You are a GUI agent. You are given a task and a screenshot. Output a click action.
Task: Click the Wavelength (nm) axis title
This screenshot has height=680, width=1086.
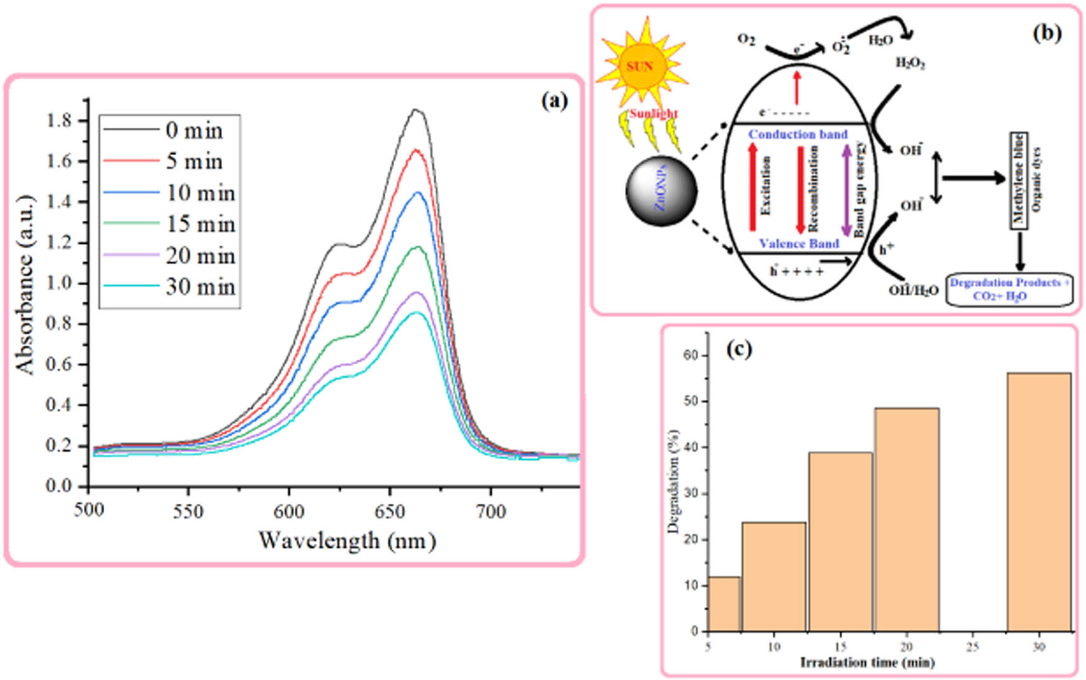(347, 540)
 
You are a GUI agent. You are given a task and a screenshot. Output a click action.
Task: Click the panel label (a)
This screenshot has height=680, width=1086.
(554, 101)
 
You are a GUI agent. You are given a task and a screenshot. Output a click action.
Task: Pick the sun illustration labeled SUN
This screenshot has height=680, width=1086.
(640, 66)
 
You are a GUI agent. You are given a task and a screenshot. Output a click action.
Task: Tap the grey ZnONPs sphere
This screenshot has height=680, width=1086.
(662, 190)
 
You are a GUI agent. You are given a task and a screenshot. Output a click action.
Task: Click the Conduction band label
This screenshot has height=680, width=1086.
(797, 134)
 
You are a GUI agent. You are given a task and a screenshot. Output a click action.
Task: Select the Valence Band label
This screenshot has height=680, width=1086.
(799, 244)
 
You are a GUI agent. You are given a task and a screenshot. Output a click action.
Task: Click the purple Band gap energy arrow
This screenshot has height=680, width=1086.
(845, 189)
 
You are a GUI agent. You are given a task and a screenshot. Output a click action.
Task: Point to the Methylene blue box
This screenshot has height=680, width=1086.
(1018, 181)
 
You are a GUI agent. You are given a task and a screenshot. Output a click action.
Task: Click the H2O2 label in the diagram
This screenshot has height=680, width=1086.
(910, 63)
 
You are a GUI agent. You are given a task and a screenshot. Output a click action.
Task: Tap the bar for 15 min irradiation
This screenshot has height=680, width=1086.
(840, 541)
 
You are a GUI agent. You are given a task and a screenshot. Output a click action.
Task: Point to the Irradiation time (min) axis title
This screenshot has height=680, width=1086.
(867, 663)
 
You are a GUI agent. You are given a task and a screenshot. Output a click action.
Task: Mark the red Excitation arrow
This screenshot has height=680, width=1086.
(753, 187)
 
